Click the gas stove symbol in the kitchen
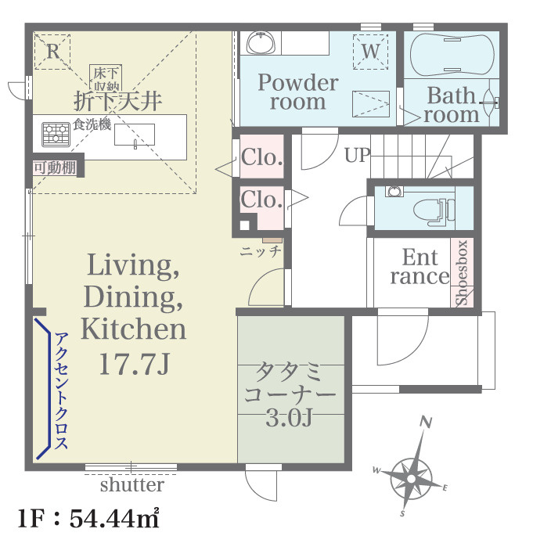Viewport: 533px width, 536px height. tap(56, 135)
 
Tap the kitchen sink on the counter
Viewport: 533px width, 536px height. tap(135, 135)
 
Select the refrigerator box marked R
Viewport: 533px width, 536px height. tap(52, 52)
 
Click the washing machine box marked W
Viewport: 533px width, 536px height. tap(371, 52)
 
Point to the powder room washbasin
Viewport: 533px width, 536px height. tap(261, 43)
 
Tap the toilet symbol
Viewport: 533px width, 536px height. tap(434, 210)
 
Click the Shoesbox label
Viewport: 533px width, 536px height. tap(462, 272)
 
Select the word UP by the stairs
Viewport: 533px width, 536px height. tap(357, 155)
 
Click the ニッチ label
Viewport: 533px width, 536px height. tap(261, 252)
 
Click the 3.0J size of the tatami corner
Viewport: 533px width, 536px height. tap(289, 418)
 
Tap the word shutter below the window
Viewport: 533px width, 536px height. tap(132, 485)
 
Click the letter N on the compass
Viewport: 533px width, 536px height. tap(427, 423)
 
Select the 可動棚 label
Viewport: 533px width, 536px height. tap(55, 168)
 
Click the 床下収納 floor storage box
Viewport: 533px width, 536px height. tap(106, 78)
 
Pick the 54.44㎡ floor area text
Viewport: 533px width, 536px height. tap(114, 518)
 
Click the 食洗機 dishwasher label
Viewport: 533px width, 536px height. tap(92, 124)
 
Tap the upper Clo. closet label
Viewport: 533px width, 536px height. tap(262, 157)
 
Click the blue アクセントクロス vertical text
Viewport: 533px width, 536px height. tap(60, 390)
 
